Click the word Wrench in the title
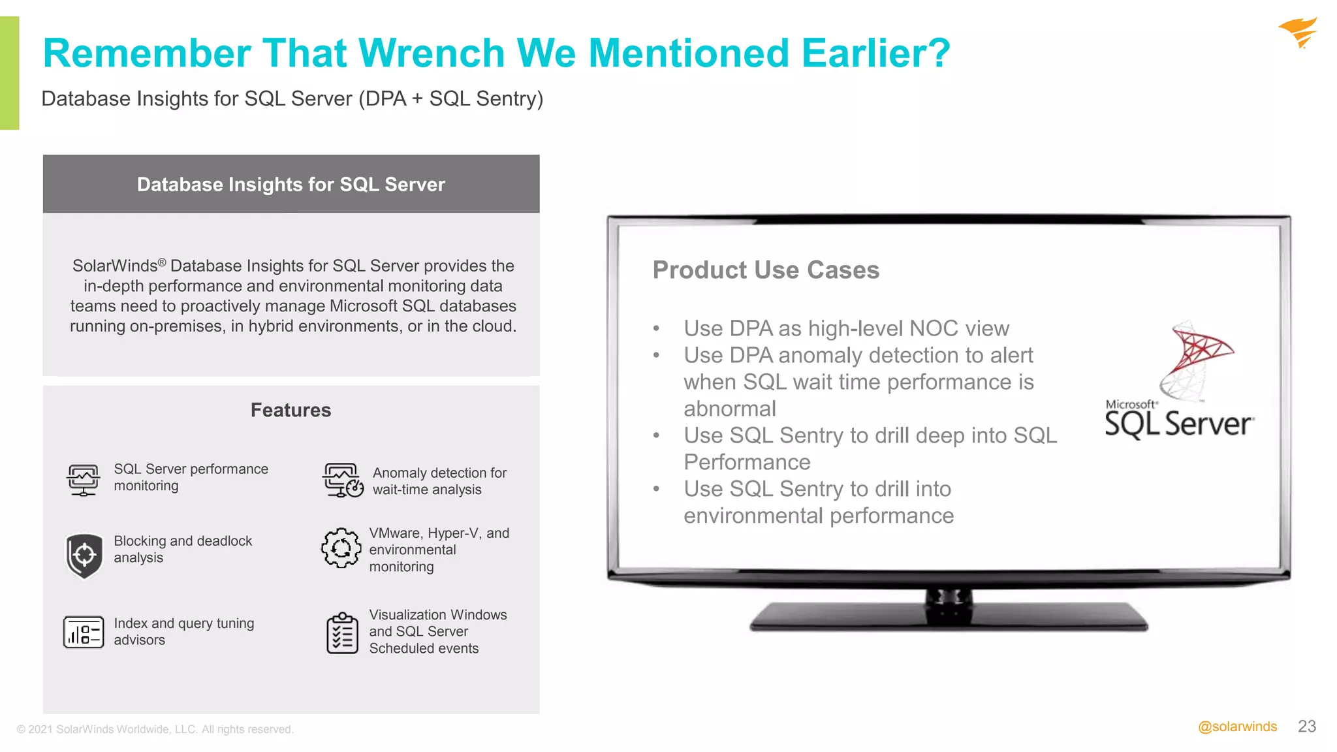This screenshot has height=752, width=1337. [x=431, y=54]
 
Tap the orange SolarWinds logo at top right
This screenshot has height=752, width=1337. [x=1298, y=33]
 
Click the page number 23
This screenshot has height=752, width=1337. [x=1306, y=727]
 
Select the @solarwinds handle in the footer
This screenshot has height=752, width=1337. [x=1237, y=727]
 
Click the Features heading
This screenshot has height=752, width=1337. [x=291, y=410]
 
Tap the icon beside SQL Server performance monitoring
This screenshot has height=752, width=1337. [x=83, y=480]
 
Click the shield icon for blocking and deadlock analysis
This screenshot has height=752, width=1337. [x=84, y=556]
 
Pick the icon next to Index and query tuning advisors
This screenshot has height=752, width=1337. [x=84, y=632]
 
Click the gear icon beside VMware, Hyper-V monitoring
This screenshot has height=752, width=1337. [x=341, y=548]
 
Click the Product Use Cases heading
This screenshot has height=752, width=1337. [x=766, y=270]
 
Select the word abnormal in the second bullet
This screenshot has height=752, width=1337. [x=730, y=409]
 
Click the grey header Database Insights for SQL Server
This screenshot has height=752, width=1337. [x=291, y=184]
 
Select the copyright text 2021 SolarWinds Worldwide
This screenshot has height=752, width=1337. [x=155, y=729]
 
